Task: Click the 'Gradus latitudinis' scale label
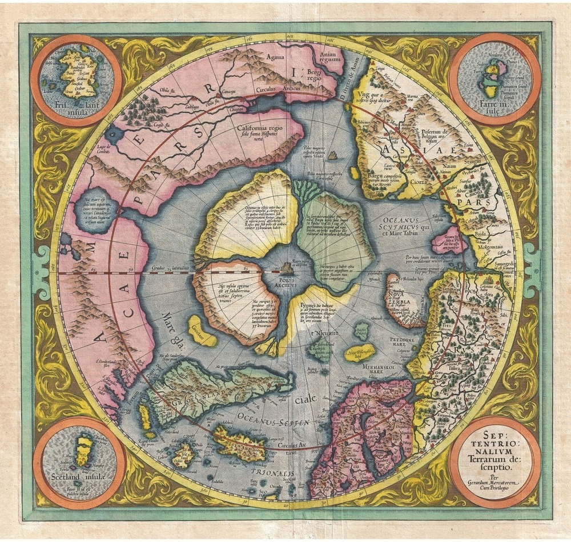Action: pyautogui.click(x=160, y=268)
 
